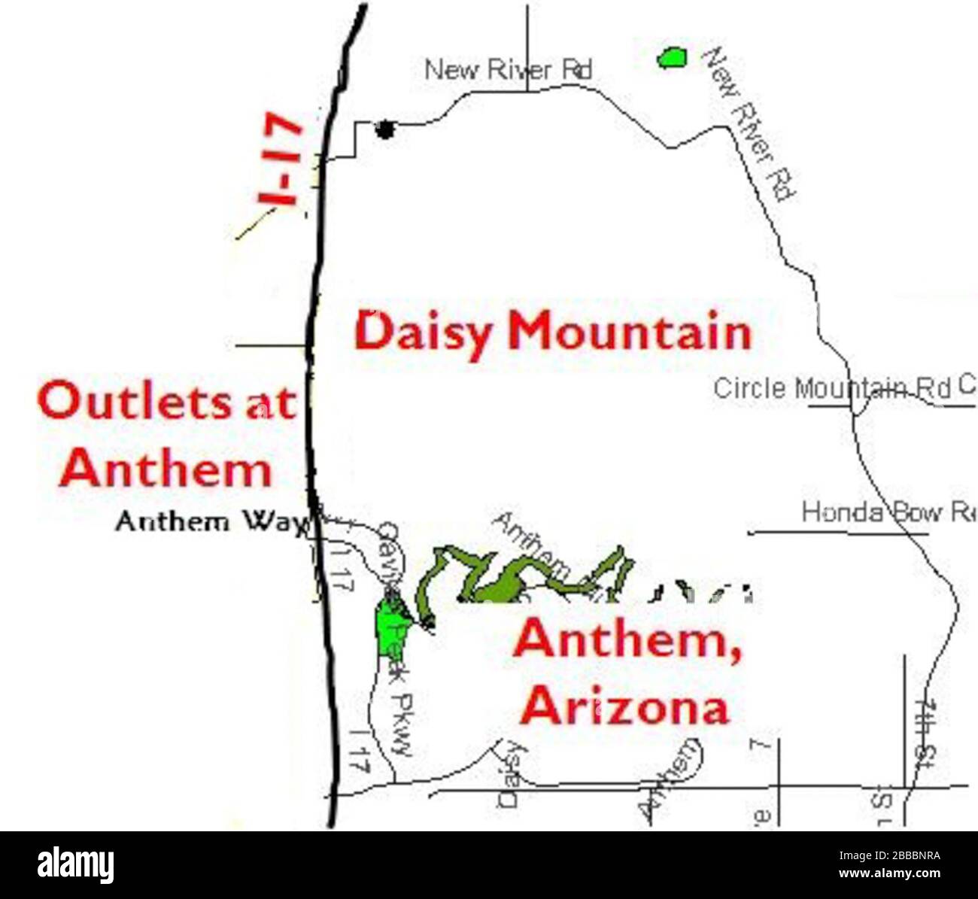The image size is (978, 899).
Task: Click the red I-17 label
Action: click(x=280, y=159)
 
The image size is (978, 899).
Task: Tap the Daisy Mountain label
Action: click(x=553, y=332)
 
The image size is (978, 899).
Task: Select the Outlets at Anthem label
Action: click(x=166, y=436)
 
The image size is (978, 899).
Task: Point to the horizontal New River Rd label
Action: click(x=509, y=70)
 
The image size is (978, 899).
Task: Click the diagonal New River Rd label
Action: click(x=749, y=124)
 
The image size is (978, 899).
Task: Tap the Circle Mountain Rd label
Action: click(x=832, y=388)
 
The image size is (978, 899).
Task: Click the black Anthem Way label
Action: click(x=212, y=521)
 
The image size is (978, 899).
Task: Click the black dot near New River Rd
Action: click(x=385, y=129)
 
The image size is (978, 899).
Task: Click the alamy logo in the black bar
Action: click(x=75, y=865)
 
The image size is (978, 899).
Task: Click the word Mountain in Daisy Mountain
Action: click(x=630, y=332)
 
